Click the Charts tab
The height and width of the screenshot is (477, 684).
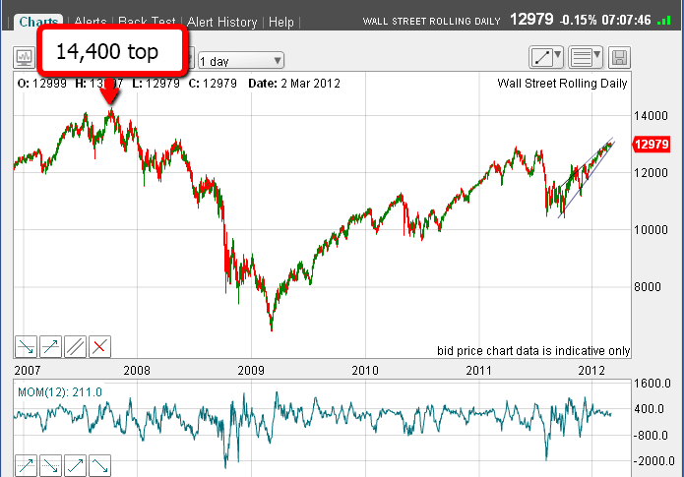[x=38, y=22]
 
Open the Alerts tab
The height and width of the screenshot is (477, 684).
[x=90, y=22]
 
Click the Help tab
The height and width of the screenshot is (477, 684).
[x=281, y=22]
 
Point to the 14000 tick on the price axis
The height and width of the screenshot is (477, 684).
[x=646, y=115]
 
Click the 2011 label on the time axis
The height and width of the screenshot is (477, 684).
[x=478, y=370]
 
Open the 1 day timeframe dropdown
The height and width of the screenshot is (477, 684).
[x=240, y=60]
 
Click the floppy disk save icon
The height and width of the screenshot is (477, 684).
[x=619, y=57]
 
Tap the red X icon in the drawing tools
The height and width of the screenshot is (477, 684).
[x=100, y=345]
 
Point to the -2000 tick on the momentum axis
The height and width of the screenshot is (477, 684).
[x=647, y=460]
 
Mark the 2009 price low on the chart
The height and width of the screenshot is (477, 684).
[x=271, y=330]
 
